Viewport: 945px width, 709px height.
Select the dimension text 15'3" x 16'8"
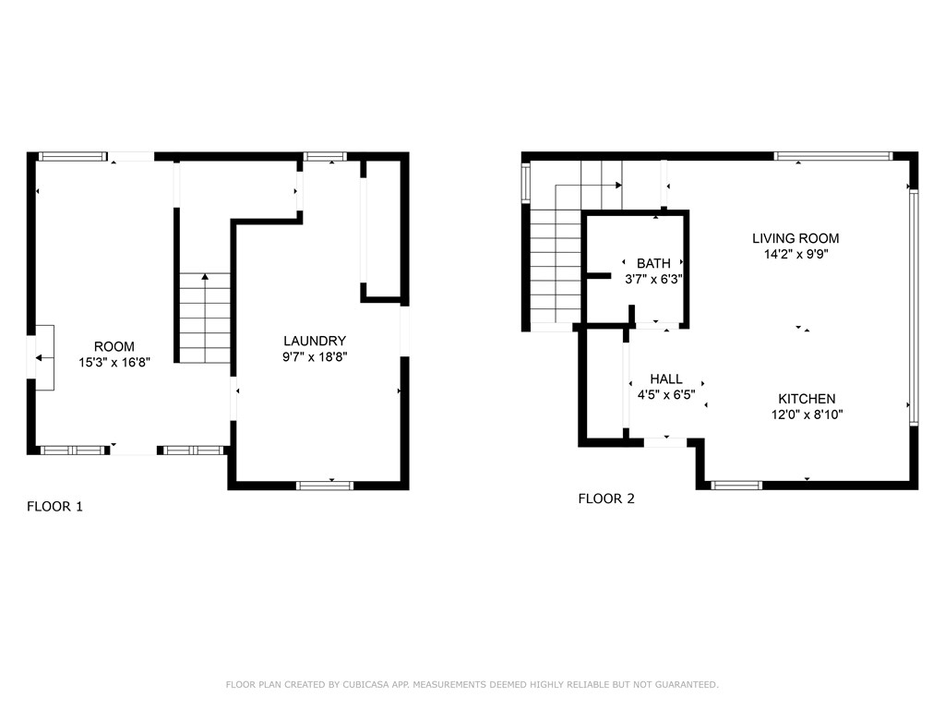[114, 363]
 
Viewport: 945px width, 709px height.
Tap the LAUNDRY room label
[315, 341]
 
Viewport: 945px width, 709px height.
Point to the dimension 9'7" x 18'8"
[315, 356]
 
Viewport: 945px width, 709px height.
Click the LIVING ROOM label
[795, 238]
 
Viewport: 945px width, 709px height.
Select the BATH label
[653, 263]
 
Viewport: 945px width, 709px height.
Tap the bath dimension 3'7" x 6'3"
[653, 279]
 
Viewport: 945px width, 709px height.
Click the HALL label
[666, 379]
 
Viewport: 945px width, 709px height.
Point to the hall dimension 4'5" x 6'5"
[666, 394]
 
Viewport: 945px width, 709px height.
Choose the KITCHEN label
[807, 399]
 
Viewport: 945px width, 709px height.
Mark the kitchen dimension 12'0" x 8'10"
[807, 415]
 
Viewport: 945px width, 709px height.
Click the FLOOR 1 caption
[54, 506]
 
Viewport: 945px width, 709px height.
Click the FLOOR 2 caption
[606, 499]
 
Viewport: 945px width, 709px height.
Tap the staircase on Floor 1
[204, 318]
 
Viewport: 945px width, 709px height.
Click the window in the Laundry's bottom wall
[324, 485]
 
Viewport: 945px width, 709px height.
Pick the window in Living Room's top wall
[832, 156]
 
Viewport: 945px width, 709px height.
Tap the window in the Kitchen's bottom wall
[736, 485]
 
